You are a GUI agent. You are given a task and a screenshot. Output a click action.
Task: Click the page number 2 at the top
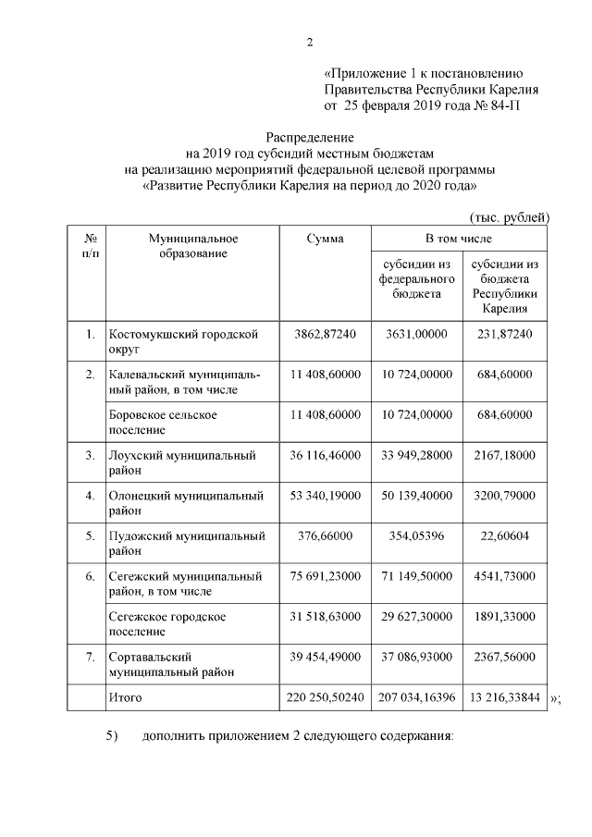[310, 41]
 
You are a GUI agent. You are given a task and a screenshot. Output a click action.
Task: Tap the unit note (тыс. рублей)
[510, 217]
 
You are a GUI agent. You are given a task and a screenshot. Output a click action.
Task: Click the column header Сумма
[325, 239]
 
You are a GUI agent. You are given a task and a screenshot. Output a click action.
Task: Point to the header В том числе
[460, 239]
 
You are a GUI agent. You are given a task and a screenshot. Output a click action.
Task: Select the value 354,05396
[415, 535]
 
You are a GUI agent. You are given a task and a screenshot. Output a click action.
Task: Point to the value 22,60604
[504, 535]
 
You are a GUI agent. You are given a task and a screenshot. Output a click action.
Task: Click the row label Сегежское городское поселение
[166, 623]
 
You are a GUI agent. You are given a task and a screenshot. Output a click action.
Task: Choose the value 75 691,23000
[325, 575]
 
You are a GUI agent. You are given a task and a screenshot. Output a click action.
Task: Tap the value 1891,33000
[504, 616]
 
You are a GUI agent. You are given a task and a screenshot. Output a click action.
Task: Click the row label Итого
[127, 695]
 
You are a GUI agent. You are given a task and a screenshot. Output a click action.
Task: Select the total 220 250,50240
[325, 695]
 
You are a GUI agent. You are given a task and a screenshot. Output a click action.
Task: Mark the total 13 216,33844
[504, 695]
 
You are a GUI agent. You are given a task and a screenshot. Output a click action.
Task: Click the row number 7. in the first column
[90, 656]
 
